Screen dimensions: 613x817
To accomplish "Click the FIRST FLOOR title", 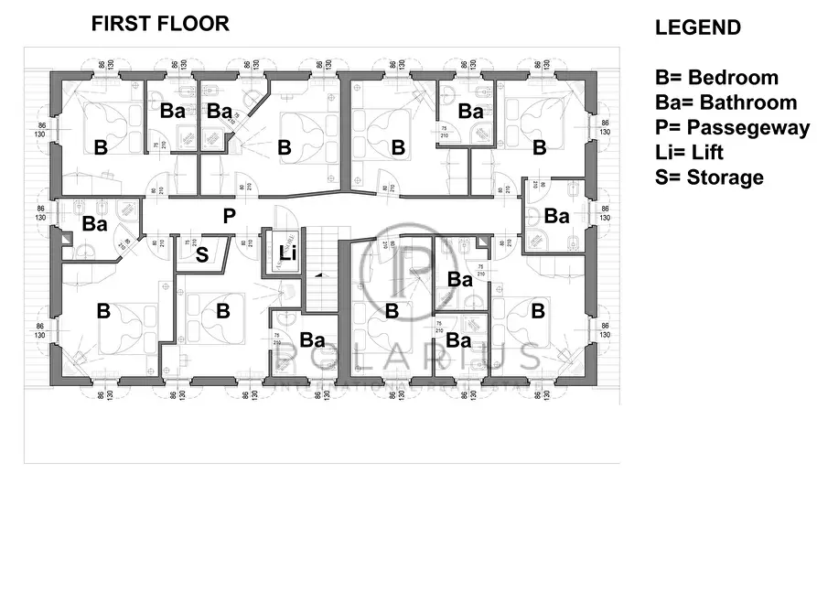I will click(160, 25).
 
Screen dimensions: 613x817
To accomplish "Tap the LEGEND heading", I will click(697, 28).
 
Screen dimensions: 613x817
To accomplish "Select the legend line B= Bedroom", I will click(716, 78).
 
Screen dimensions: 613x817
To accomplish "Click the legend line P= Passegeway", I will click(732, 127).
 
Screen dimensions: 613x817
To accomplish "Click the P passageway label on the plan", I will click(230, 217).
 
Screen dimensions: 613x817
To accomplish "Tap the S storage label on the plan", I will click(202, 254).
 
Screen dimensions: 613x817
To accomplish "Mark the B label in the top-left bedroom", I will click(101, 146).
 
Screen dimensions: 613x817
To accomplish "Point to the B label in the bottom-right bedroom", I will click(539, 311).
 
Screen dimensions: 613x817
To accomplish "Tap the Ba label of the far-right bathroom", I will click(556, 216).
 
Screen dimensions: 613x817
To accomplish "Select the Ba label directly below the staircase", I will click(313, 340).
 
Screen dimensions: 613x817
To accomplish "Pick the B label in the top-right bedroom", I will click(540, 146).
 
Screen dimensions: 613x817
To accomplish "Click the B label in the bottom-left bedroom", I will click(103, 311).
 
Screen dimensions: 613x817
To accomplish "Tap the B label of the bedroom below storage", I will click(222, 311).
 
